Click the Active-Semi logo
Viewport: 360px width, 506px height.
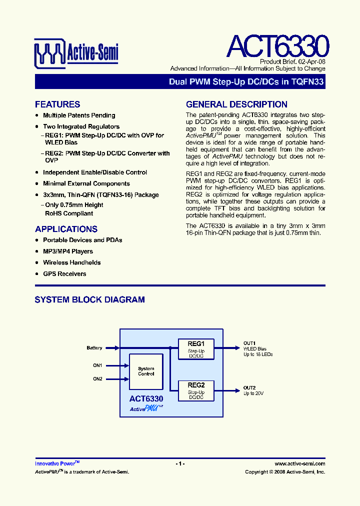(76, 52)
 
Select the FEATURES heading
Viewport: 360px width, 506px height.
(57, 104)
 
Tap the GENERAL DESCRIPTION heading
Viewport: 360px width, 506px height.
(236, 104)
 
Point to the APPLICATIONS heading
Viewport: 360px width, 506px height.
(66, 229)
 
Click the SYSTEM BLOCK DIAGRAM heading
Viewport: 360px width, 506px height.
(89, 300)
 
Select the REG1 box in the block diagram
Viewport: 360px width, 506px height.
(196, 349)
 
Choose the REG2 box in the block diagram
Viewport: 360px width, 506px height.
(196, 390)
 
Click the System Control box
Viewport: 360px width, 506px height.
(146, 371)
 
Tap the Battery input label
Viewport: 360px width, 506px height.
(94, 348)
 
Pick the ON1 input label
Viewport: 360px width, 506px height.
(97, 365)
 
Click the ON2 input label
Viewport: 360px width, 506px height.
(97, 379)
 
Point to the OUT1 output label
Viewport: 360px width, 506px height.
(249, 342)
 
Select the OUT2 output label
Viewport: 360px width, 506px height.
(249, 388)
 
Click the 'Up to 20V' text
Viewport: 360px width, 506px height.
(253, 394)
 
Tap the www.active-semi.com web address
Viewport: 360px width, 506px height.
(300, 463)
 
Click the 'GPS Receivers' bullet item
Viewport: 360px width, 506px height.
(64, 274)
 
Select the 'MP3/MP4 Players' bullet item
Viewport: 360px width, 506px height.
(68, 251)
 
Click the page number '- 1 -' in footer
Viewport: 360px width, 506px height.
(180, 463)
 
